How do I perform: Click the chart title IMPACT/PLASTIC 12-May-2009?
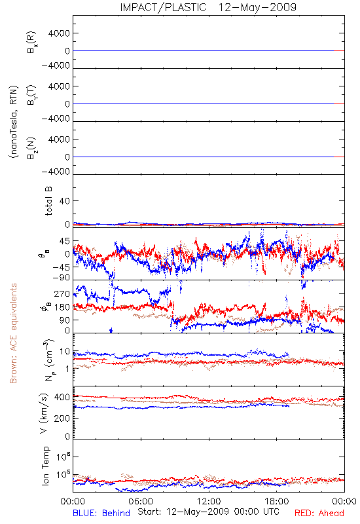pos(208,7)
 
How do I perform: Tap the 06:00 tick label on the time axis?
pos(141,501)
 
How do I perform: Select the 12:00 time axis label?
pos(209,501)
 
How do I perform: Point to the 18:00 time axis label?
pos(277,501)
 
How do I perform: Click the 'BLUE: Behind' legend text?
pos(101,513)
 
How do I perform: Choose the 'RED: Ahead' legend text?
pos(319,513)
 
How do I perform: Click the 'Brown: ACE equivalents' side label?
pos(13,333)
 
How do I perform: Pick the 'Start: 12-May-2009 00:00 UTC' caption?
pos(208,512)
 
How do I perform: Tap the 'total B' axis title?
pos(48,201)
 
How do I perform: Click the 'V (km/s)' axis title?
pos(44,413)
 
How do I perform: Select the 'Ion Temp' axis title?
pos(45,466)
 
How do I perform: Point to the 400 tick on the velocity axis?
pos(62,398)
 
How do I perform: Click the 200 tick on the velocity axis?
pos(62,418)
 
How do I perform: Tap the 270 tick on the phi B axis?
pos(62,293)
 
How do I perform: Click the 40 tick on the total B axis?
pos(65,201)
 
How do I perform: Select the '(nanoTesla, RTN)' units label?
pos(14,122)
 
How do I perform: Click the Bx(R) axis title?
pos(31,43)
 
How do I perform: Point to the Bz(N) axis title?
pos(31,148)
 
